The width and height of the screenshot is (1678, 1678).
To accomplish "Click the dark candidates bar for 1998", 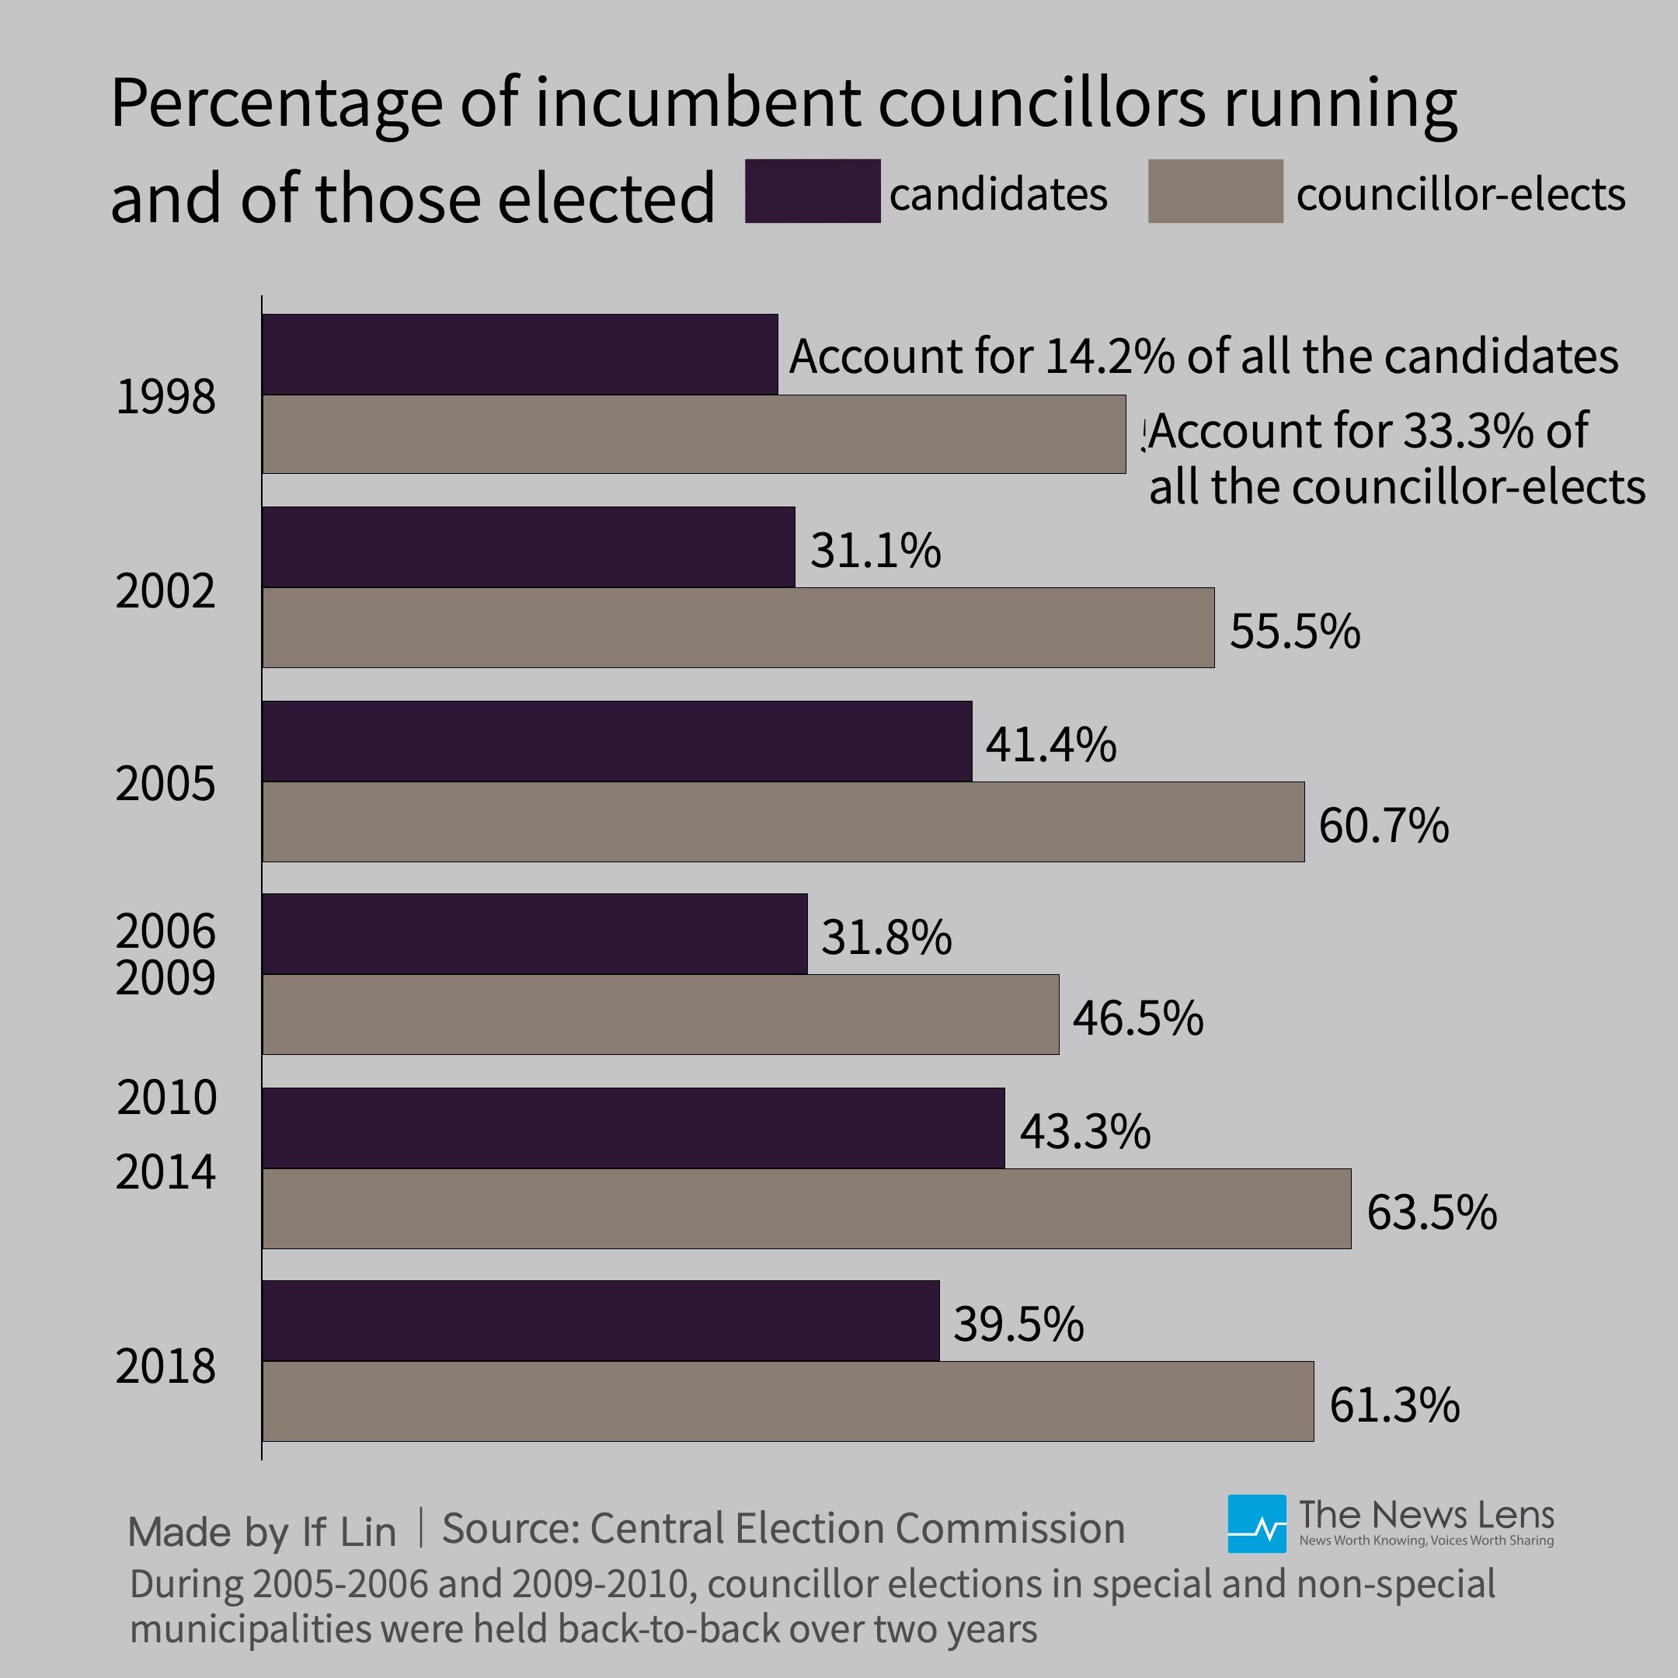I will point(520,354).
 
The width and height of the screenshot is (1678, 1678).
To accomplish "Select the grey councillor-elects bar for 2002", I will point(738,627).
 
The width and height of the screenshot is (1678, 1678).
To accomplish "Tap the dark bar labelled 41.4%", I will point(617,741).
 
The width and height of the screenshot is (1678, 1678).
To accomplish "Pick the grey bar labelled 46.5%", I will point(660,1015).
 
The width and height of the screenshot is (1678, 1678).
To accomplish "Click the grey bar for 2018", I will point(788,1401).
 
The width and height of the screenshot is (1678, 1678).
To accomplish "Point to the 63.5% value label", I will point(1431,1212).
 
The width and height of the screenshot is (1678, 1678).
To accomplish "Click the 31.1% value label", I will point(875,550).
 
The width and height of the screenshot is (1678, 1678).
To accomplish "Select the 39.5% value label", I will point(1018,1324).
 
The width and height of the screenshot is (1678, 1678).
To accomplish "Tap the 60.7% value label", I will point(1383,824).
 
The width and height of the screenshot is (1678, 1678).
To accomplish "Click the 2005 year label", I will point(165,783).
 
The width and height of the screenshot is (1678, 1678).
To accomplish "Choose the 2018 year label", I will point(165,1366).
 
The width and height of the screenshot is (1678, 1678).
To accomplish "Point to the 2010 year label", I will point(166,1097).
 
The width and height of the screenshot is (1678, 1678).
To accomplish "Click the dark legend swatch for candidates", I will point(812,191).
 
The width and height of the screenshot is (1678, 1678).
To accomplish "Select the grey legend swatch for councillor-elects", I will point(1215,191).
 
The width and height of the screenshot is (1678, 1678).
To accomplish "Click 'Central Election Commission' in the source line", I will point(856,1528).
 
